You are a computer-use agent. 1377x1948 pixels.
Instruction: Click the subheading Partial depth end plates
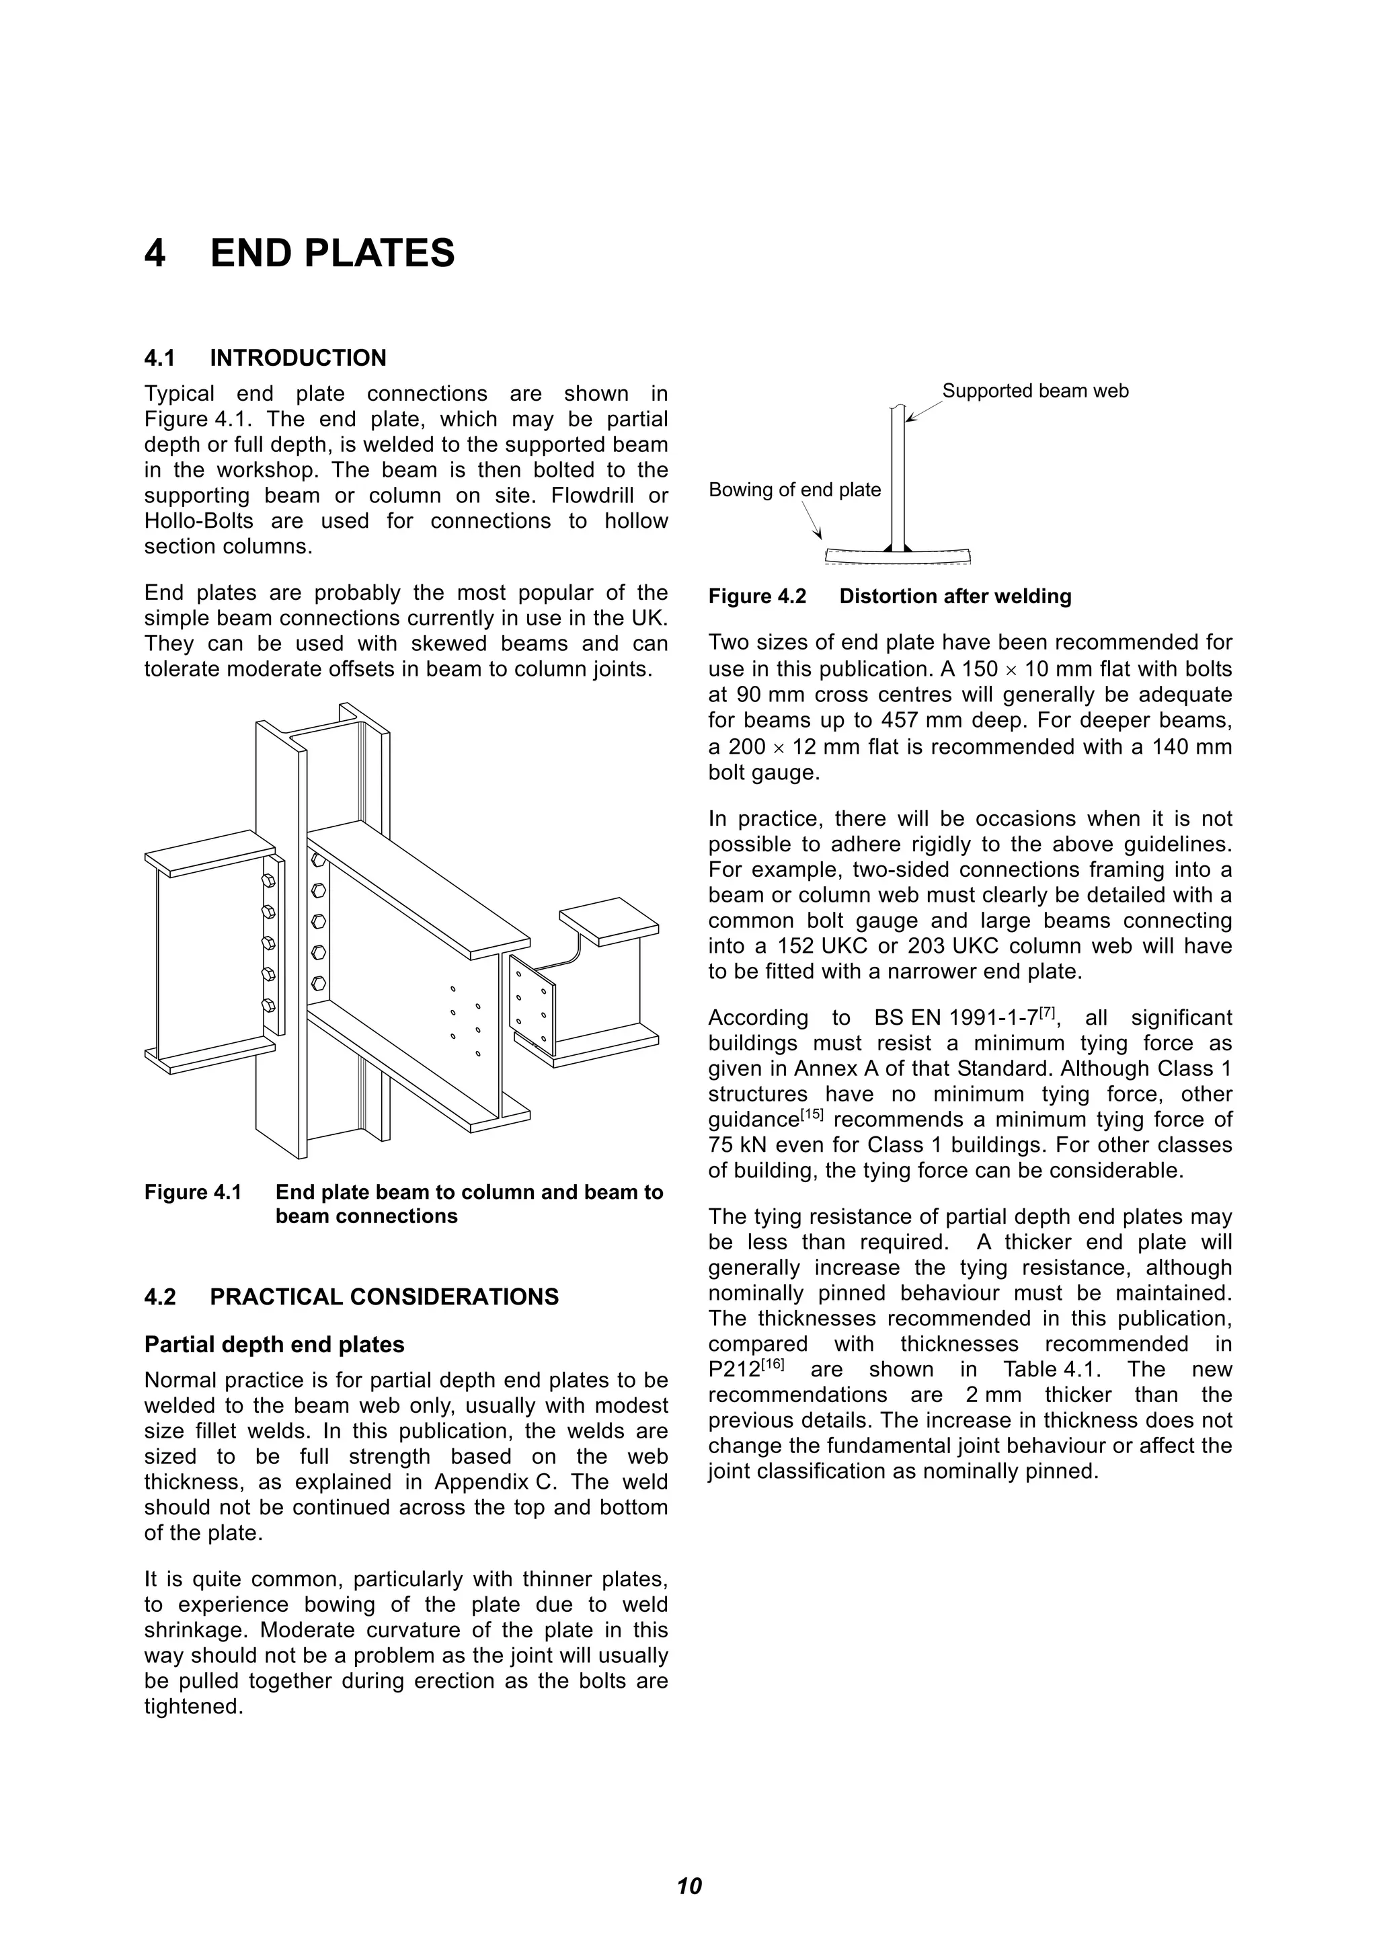[274, 1345]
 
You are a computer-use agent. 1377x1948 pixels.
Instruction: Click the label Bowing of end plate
[794, 490]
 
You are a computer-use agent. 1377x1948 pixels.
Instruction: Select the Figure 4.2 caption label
[757, 596]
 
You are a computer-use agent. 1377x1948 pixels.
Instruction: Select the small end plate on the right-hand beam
[533, 1001]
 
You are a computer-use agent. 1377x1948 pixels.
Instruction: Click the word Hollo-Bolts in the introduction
[198, 521]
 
